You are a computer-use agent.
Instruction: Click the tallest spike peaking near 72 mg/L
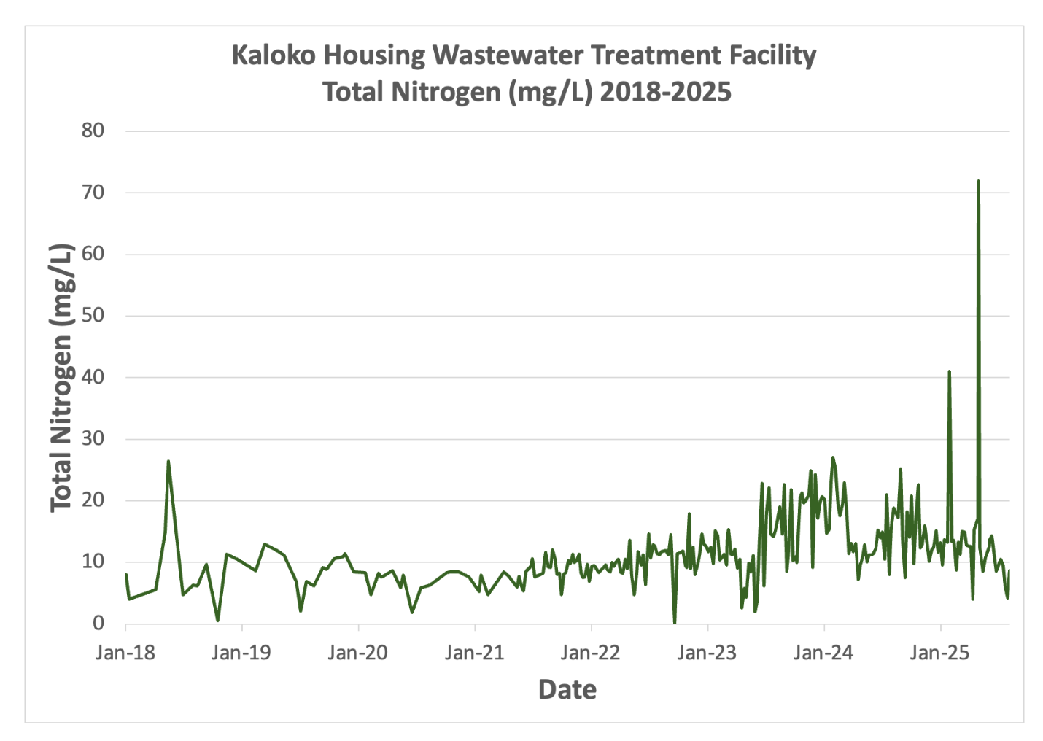click(x=977, y=182)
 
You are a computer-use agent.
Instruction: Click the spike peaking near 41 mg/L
click(x=949, y=372)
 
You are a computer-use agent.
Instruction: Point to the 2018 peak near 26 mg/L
click(x=168, y=462)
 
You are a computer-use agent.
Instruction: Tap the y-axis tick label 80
click(x=93, y=131)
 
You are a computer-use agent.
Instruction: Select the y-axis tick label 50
click(x=93, y=316)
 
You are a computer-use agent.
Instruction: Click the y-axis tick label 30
click(x=93, y=439)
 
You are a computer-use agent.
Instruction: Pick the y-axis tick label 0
click(x=98, y=624)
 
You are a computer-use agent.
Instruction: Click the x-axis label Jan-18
click(x=125, y=653)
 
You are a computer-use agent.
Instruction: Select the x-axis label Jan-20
click(x=357, y=653)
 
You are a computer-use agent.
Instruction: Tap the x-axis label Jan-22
click(x=590, y=653)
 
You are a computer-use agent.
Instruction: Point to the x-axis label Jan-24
click(x=823, y=653)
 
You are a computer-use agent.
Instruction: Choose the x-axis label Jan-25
click(x=939, y=653)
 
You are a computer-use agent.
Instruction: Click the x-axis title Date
click(x=567, y=690)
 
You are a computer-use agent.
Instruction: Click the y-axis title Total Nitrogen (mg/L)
click(x=62, y=378)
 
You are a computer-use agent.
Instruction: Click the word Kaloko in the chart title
click(x=273, y=55)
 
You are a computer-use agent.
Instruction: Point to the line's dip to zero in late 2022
click(x=674, y=622)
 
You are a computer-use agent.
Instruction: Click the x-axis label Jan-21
click(x=474, y=653)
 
